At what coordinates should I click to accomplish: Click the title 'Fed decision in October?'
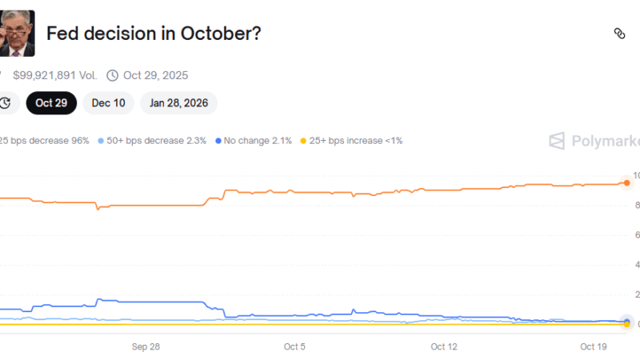(154, 34)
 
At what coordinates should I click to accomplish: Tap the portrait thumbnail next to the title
(17, 34)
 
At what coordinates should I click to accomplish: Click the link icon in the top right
(619, 34)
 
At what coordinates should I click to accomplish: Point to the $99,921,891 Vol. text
(54, 75)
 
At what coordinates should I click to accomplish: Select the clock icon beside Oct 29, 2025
(112, 75)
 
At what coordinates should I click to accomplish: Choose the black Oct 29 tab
(52, 102)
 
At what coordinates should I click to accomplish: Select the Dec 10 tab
(108, 102)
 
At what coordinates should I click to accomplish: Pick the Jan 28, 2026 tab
(178, 102)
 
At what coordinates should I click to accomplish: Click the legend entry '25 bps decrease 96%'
(44, 141)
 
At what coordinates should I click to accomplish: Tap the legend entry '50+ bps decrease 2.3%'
(152, 141)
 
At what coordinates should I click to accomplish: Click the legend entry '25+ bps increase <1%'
(351, 141)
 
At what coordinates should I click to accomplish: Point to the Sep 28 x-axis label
(146, 346)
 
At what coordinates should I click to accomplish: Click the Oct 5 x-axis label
(294, 346)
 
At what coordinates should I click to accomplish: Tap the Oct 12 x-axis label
(444, 346)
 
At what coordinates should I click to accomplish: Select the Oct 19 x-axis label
(594, 346)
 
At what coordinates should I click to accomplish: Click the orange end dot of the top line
(626, 183)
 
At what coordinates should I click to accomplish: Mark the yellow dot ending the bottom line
(626, 323)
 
